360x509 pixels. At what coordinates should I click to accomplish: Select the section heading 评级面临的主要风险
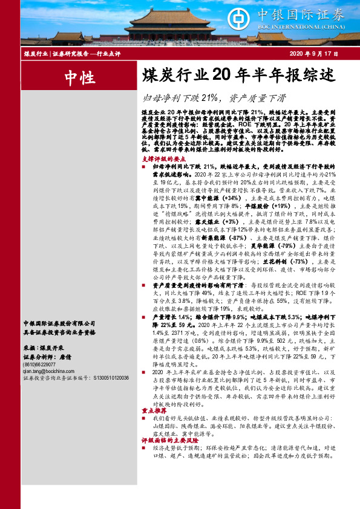(167, 440)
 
